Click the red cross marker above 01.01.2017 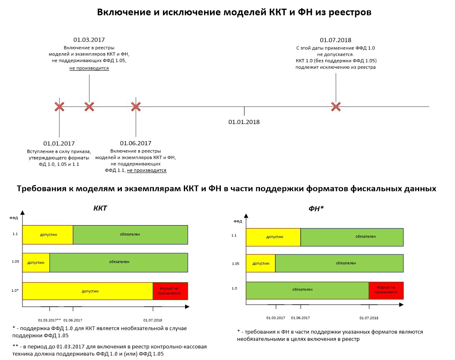(59, 107)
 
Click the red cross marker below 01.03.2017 (89, 107)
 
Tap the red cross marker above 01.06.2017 (136, 107)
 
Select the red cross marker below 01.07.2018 (336, 107)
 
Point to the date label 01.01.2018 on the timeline (244, 122)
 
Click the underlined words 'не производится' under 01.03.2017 (89, 68)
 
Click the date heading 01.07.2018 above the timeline (336, 40)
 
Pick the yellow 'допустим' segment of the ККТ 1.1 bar (48, 235)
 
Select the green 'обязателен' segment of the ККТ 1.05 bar (119, 262)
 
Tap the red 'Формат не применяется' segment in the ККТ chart (170, 291)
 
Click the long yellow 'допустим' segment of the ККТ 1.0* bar (88, 291)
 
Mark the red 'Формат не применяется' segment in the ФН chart (386, 290)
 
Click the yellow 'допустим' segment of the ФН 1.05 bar (261, 263)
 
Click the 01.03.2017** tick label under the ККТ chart (49, 320)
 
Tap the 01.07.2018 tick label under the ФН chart (368, 318)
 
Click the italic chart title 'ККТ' (100, 208)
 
